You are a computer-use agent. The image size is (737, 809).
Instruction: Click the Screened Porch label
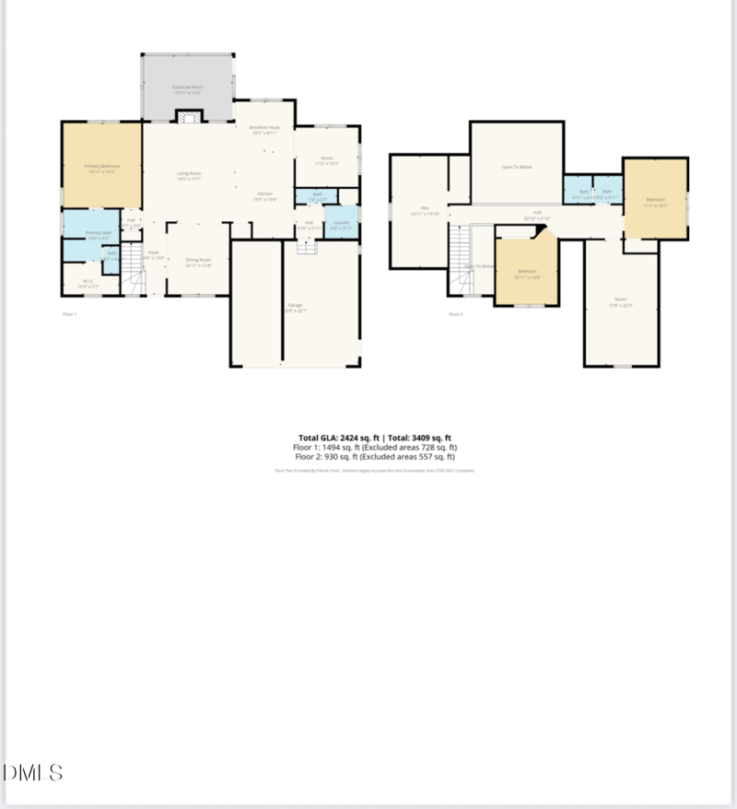(x=187, y=88)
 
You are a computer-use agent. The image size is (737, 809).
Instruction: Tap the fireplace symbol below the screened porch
(x=188, y=117)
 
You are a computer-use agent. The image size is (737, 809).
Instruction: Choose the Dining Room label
(x=198, y=263)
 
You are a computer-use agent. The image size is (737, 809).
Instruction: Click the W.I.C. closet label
(x=88, y=284)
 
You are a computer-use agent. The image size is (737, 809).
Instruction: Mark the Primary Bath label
(x=99, y=235)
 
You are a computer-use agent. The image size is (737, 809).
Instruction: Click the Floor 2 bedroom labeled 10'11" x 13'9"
(x=527, y=273)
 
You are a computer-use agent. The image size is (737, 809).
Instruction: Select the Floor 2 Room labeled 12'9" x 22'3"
(x=621, y=301)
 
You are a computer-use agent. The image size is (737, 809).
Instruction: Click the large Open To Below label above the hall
(x=517, y=167)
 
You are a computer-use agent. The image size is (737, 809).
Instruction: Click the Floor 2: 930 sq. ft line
(x=374, y=456)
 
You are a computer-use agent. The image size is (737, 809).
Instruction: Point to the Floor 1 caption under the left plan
(x=69, y=314)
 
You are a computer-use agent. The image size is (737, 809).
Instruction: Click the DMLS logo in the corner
(x=33, y=772)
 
